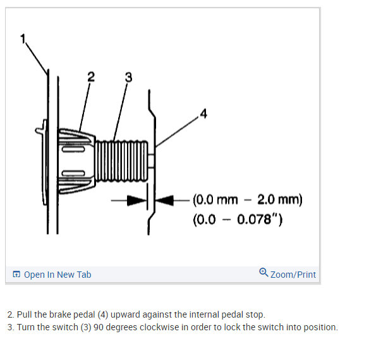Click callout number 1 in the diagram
(23, 39)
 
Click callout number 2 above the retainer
(91, 77)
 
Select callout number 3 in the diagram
(128, 77)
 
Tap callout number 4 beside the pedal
(203, 113)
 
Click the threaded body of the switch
(121, 161)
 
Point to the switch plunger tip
(151, 161)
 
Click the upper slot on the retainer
(73, 149)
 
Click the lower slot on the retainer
(73, 173)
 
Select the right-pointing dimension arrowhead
(136, 201)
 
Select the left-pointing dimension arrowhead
(165, 201)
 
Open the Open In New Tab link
(57, 275)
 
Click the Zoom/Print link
(293, 275)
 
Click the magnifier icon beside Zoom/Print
(263, 272)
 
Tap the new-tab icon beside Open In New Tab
(16, 274)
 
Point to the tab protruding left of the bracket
(39, 131)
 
